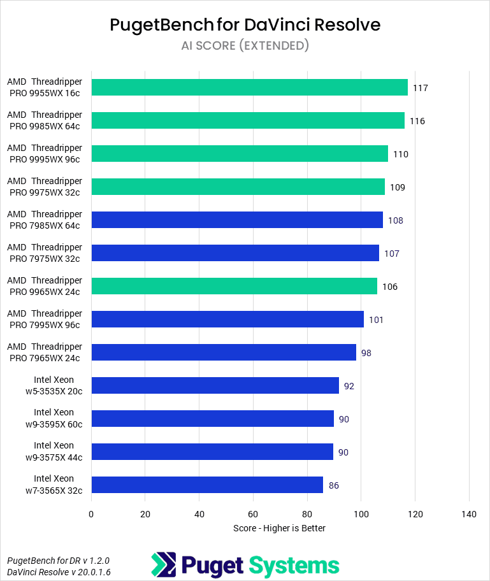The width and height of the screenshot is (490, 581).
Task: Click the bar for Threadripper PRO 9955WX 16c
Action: (x=249, y=87)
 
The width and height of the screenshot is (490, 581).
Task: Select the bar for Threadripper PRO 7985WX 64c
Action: (x=237, y=220)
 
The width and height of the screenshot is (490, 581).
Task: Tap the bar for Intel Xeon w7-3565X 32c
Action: (x=207, y=485)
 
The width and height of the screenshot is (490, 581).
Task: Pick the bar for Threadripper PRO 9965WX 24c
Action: (x=234, y=286)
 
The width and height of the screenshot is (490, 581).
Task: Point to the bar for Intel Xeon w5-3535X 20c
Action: (x=215, y=385)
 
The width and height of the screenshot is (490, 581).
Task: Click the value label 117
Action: (x=420, y=88)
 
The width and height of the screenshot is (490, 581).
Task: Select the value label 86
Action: (x=333, y=485)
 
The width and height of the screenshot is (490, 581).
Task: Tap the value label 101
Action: (x=376, y=320)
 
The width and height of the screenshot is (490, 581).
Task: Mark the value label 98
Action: (x=366, y=353)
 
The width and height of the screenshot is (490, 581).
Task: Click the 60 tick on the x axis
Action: (x=253, y=514)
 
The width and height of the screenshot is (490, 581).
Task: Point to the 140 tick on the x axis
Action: (x=469, y=514)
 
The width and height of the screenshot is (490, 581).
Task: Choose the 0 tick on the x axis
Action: (x=91, y=514)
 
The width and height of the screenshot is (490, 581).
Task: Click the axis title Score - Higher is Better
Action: (x=279, y=528)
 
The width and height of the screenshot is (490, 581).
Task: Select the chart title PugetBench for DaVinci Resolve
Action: (x=245, y=25)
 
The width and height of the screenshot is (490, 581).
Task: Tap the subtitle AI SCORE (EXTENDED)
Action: (x=245, y=45)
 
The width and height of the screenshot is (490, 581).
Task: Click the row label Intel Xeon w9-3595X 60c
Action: (x=54, y=419)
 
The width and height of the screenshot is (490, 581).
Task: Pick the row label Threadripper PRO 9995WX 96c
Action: (x=45, y=154)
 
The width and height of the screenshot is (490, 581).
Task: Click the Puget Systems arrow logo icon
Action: (x=163, y=565)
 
